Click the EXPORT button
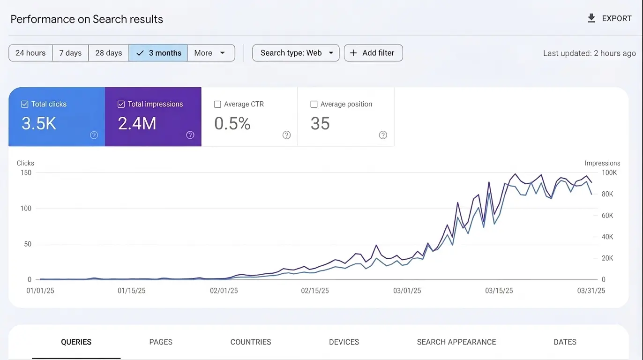(610, 18)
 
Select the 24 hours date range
(30, 53)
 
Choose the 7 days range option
(70, 53)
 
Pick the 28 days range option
(109, 53)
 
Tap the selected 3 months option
(158, 53)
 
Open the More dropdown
(211, 53)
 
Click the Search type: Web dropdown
(296, 53)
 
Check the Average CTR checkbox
(217, 105)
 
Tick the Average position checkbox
(314, 105)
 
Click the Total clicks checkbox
(25, 105)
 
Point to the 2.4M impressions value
(137, 123)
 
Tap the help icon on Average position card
(383, 135)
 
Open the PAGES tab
(161, 342)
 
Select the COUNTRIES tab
(251, 342)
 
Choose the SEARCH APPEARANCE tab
(456, 342)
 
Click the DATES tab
(565, 342)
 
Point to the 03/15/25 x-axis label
(499, 291)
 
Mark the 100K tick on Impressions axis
(609, 172)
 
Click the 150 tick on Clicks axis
(26, 172)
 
